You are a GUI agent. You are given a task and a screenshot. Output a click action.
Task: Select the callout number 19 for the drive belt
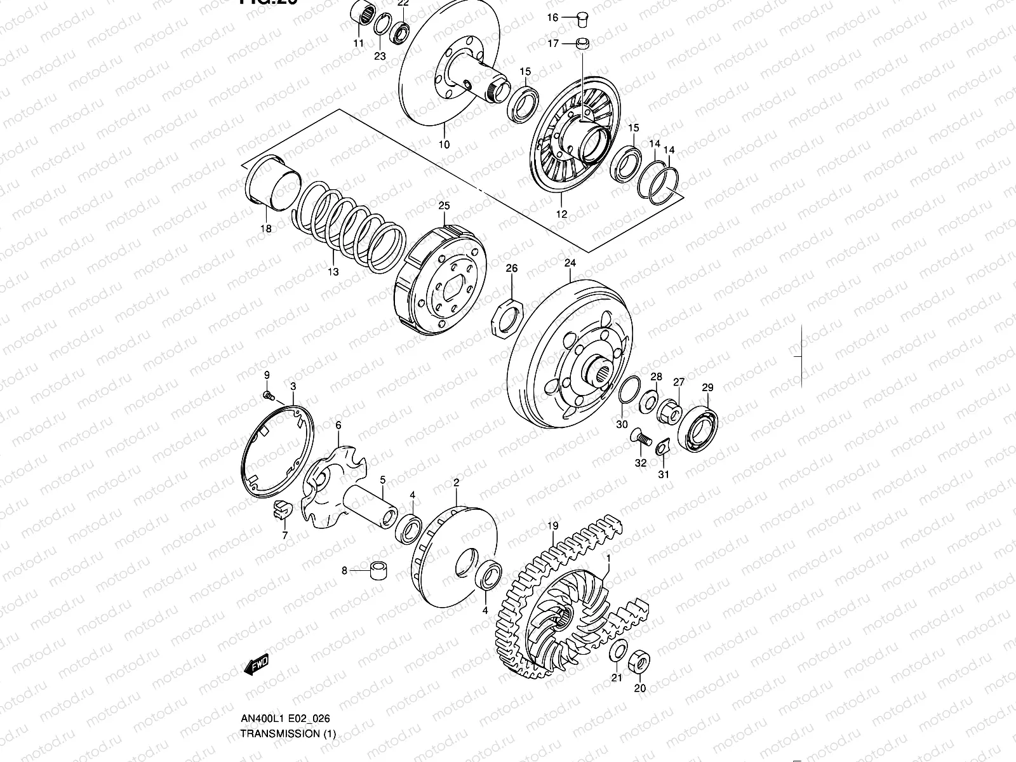point(552,526)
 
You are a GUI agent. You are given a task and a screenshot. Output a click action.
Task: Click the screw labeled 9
point(269,396)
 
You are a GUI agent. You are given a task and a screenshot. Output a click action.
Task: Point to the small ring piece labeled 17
point(582,44)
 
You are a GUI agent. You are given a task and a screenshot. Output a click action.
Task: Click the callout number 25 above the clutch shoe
point(443,206)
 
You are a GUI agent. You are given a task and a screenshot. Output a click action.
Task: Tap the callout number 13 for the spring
point(333,272)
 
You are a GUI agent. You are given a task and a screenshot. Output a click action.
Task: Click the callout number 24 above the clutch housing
point(569,263)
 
